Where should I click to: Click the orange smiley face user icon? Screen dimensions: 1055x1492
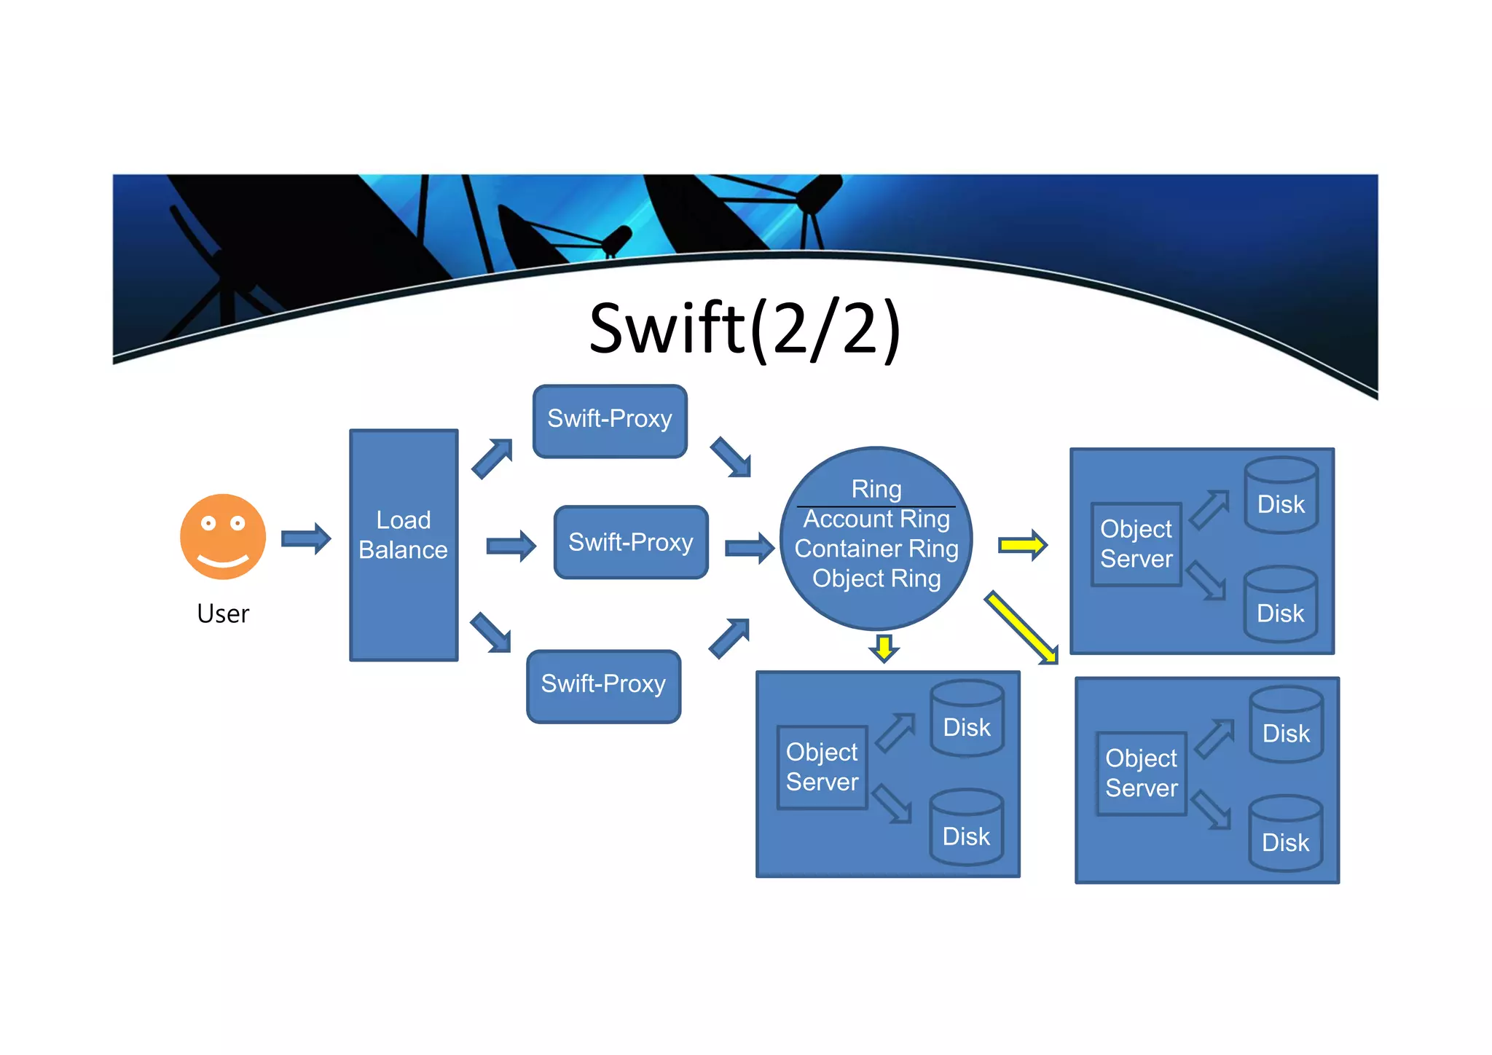[223, 537]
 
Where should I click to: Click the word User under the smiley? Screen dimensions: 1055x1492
[223, 613]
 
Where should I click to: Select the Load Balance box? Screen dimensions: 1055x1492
[404, 544]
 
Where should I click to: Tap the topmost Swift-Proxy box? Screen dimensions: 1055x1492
[610, 420]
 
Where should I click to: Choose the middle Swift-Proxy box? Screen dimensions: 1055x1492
[631, 542]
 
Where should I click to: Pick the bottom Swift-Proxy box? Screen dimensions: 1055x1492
[603, 685]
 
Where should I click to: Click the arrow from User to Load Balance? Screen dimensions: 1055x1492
[306, 539]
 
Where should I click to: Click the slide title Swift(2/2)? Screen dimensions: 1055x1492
[745, 329]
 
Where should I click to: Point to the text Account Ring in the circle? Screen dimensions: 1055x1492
[876, 519]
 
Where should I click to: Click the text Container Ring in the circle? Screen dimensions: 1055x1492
[876, 549]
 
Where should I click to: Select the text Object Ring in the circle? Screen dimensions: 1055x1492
[876, 579]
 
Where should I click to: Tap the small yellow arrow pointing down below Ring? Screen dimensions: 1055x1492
[884, 648]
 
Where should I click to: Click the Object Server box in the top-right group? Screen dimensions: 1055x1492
[1136, 544]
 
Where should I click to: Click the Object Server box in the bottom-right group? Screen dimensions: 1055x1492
[1141, 773]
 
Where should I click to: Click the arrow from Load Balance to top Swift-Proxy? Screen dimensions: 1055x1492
[492, 458]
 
